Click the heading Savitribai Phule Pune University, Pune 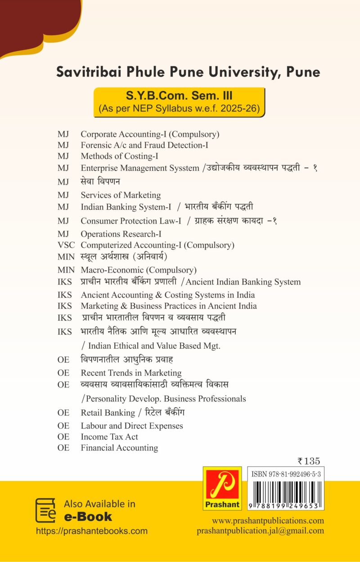pos(188,72)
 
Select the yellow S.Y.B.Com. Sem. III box pos(179,102)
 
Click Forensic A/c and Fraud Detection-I pos(144,145)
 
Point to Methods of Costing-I pos(119,156)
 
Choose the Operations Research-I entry pos(121,234)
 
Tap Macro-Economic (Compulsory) pos(139,270)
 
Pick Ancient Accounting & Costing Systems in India pos(167,295)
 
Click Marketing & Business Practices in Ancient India pos(169,306)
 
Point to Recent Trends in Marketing pos(131,373)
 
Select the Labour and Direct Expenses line pos(132,426)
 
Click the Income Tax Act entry pos(109,437)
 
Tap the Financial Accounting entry pos(119,448)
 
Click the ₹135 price pos(309,461)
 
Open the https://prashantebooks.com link pos(92,531)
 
